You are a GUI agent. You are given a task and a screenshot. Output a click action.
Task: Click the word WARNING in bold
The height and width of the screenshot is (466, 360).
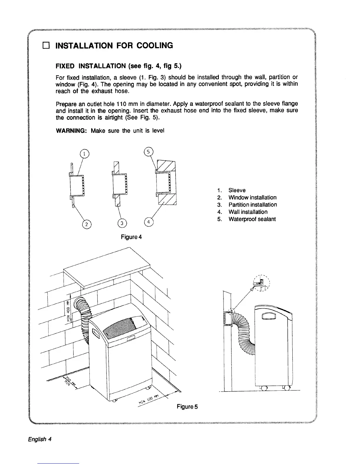[71, 131]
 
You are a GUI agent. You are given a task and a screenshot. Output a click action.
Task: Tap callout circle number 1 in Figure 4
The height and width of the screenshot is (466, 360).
[84, 154]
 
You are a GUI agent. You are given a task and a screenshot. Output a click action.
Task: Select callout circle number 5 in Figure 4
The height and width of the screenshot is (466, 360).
[149, 152]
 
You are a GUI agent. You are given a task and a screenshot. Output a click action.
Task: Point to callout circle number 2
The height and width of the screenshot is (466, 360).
[86, 224]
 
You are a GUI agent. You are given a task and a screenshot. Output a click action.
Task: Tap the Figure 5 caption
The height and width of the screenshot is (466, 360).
[187, 407]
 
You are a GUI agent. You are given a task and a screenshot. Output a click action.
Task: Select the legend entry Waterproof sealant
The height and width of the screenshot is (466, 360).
[252, 219]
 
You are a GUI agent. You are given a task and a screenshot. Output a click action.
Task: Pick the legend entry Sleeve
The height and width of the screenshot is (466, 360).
[237, 190]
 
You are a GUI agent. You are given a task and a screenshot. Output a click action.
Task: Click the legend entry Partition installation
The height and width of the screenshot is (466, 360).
[253, 205]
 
